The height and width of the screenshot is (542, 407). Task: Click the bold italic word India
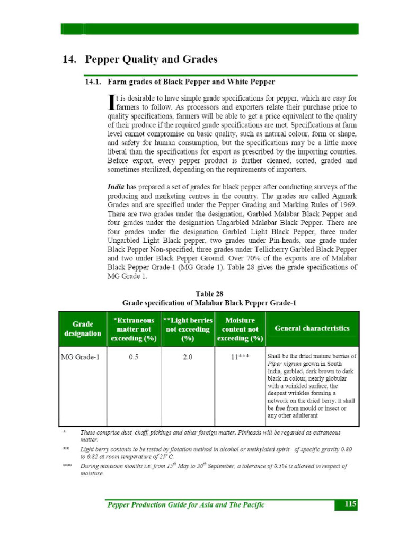117,187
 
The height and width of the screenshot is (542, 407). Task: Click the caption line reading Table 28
209,294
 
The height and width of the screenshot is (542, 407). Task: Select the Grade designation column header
83,329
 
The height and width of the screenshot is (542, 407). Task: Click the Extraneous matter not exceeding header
134,329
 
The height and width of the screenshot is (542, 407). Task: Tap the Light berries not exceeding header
188,329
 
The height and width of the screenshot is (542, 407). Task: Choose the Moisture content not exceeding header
240,329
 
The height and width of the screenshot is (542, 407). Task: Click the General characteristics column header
312,328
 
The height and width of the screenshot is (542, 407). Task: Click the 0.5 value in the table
134,357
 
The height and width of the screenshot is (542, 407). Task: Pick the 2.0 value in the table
188,357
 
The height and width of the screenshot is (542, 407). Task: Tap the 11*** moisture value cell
240,357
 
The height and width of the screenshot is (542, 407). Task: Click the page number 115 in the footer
350,504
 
